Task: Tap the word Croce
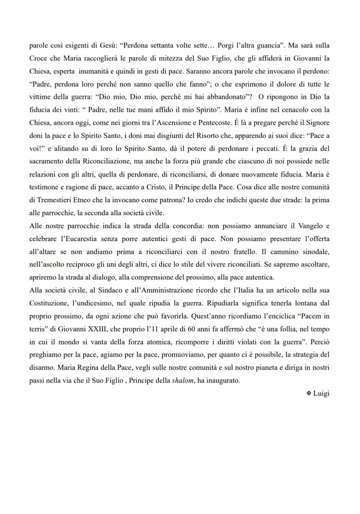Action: tap(38, 58)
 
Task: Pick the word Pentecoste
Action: tap(213, 122)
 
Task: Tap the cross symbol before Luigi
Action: tap(308, 394)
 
